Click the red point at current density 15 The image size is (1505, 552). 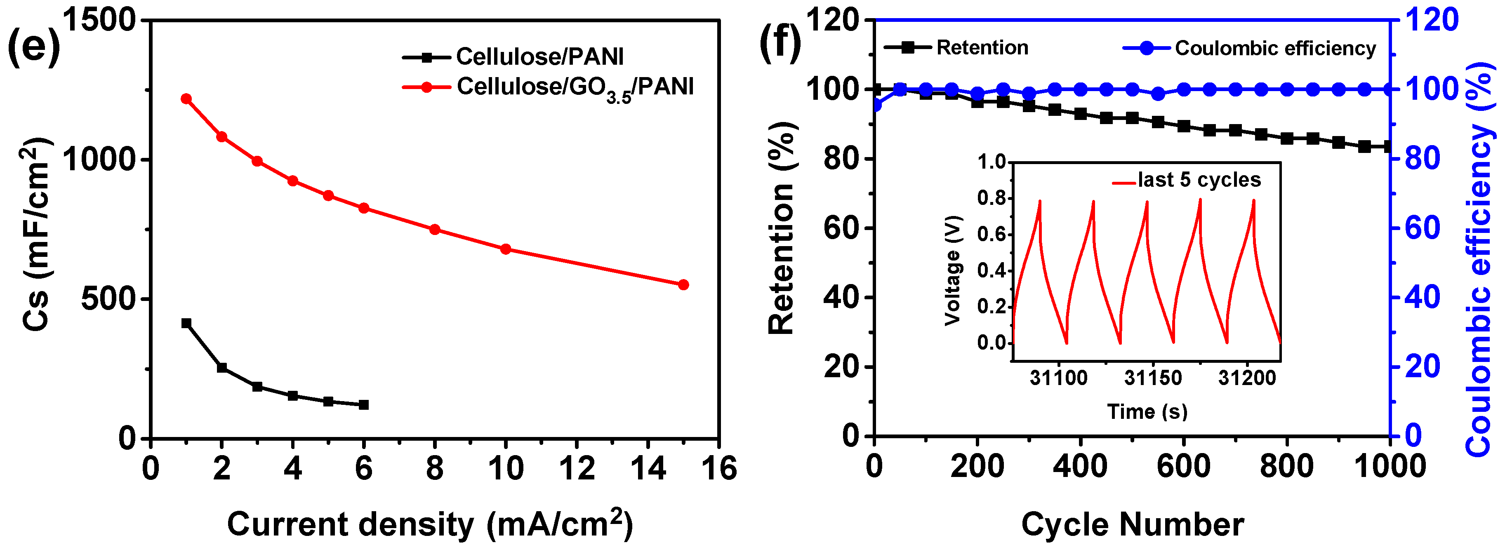click(x=683, y=284)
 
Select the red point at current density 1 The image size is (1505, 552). click(x=186, y=99)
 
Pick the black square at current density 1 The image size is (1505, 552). click(x=186, y=323)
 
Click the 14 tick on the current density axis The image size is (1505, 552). click(x=648, y=468)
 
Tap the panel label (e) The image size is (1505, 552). click(x=33, y=47)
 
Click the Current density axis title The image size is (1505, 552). click(x=429, y=524)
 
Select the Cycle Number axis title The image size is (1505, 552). click(x=1132, y=524)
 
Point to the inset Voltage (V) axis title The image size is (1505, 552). click(x=953, y=270)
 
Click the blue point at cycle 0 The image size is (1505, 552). click(x=875, y=106)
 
